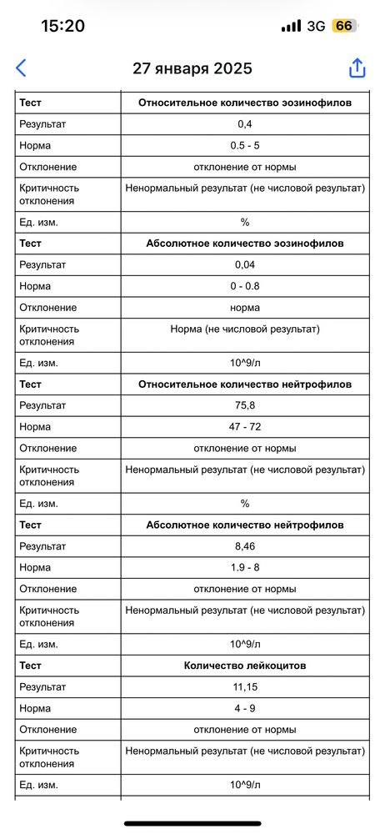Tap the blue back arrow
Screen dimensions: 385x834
[22, 68]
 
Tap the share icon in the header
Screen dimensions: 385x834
[357, 68]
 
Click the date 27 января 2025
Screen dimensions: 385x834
[192, 68]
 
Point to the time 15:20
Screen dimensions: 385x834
[62, 26]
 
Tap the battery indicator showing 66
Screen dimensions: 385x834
[343, 26]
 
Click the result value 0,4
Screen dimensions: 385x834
[245, 124]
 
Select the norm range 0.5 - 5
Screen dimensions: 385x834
[245, 146]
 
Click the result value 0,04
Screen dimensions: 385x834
[245, 265]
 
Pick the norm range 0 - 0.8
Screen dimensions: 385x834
[245, 286]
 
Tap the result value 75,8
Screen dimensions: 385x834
[245, 405]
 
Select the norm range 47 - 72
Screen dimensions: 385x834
[245, 427]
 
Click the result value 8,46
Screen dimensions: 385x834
[245, 546]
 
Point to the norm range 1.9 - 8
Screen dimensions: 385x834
[245, 568]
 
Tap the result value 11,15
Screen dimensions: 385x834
[245, 687]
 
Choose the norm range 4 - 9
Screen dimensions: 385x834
[245, 708]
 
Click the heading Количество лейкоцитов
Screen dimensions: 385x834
[245, 666]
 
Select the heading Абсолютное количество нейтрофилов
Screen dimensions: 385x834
[245, 525]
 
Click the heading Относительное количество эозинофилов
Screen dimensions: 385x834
[245, 103]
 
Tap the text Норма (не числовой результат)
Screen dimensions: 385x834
[245, 329]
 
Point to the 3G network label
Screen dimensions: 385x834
[316, 26]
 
